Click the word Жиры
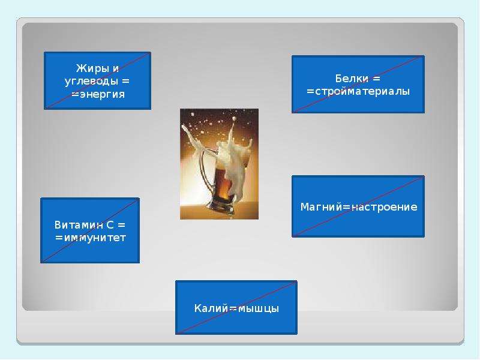92,68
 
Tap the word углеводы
91,82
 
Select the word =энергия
98,94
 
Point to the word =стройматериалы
358,92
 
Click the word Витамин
79,225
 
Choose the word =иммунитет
91,238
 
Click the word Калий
211,308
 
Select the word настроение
384,207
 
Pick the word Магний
321,207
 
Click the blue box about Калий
236,307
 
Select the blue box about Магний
358,206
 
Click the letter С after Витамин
110,225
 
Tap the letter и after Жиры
115,69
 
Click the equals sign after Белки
376,79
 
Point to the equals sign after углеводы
126,82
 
